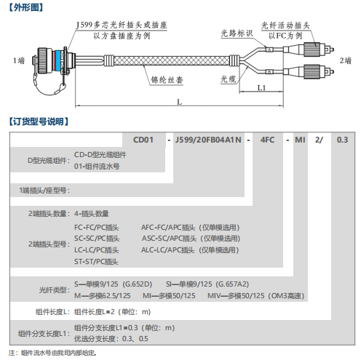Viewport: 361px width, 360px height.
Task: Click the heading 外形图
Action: coord(26,7)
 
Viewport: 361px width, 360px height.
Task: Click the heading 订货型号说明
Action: coord(39,121)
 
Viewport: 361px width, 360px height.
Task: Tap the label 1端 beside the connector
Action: coord(19,60)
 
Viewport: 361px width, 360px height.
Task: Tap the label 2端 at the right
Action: coord(346,60)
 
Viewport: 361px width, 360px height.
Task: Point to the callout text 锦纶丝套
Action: coord(167,80)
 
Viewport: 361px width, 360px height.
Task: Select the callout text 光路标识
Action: coord(237,33)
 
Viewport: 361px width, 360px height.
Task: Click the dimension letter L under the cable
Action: coord(179,102)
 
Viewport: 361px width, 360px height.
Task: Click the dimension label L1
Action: coord(261,88)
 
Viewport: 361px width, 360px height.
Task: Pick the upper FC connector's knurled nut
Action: coord(312,49)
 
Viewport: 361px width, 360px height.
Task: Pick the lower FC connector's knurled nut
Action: coord(312,71)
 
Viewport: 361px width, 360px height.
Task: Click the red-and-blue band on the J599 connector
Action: coord(58,60)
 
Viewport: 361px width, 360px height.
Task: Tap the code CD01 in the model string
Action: coord(143,140)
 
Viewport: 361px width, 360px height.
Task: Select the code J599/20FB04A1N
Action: coord(208,140)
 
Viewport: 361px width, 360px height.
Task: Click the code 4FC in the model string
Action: coord(267,140)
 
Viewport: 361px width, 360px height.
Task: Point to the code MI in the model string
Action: coord(300,140)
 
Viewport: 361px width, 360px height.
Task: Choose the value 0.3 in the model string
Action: coord(342,140)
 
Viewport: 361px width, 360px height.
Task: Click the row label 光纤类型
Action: coord(55,289)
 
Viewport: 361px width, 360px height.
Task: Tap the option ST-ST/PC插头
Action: coord(96,262)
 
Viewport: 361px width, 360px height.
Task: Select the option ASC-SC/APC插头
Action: coord(170,239)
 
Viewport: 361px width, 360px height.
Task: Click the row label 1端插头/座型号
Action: coord(44,191)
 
